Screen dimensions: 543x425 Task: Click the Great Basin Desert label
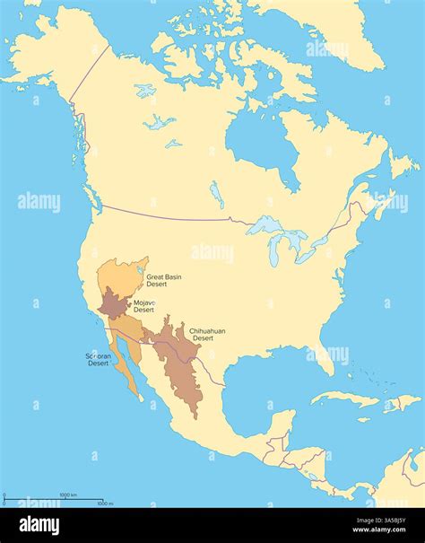(163, 281)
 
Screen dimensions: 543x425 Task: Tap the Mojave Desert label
(143, 306)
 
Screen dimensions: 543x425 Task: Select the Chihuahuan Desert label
(206, 334)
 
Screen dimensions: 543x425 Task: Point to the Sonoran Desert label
(98, 360)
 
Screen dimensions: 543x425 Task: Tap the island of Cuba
(345, 396)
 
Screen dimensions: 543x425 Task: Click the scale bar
(54, 500)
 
